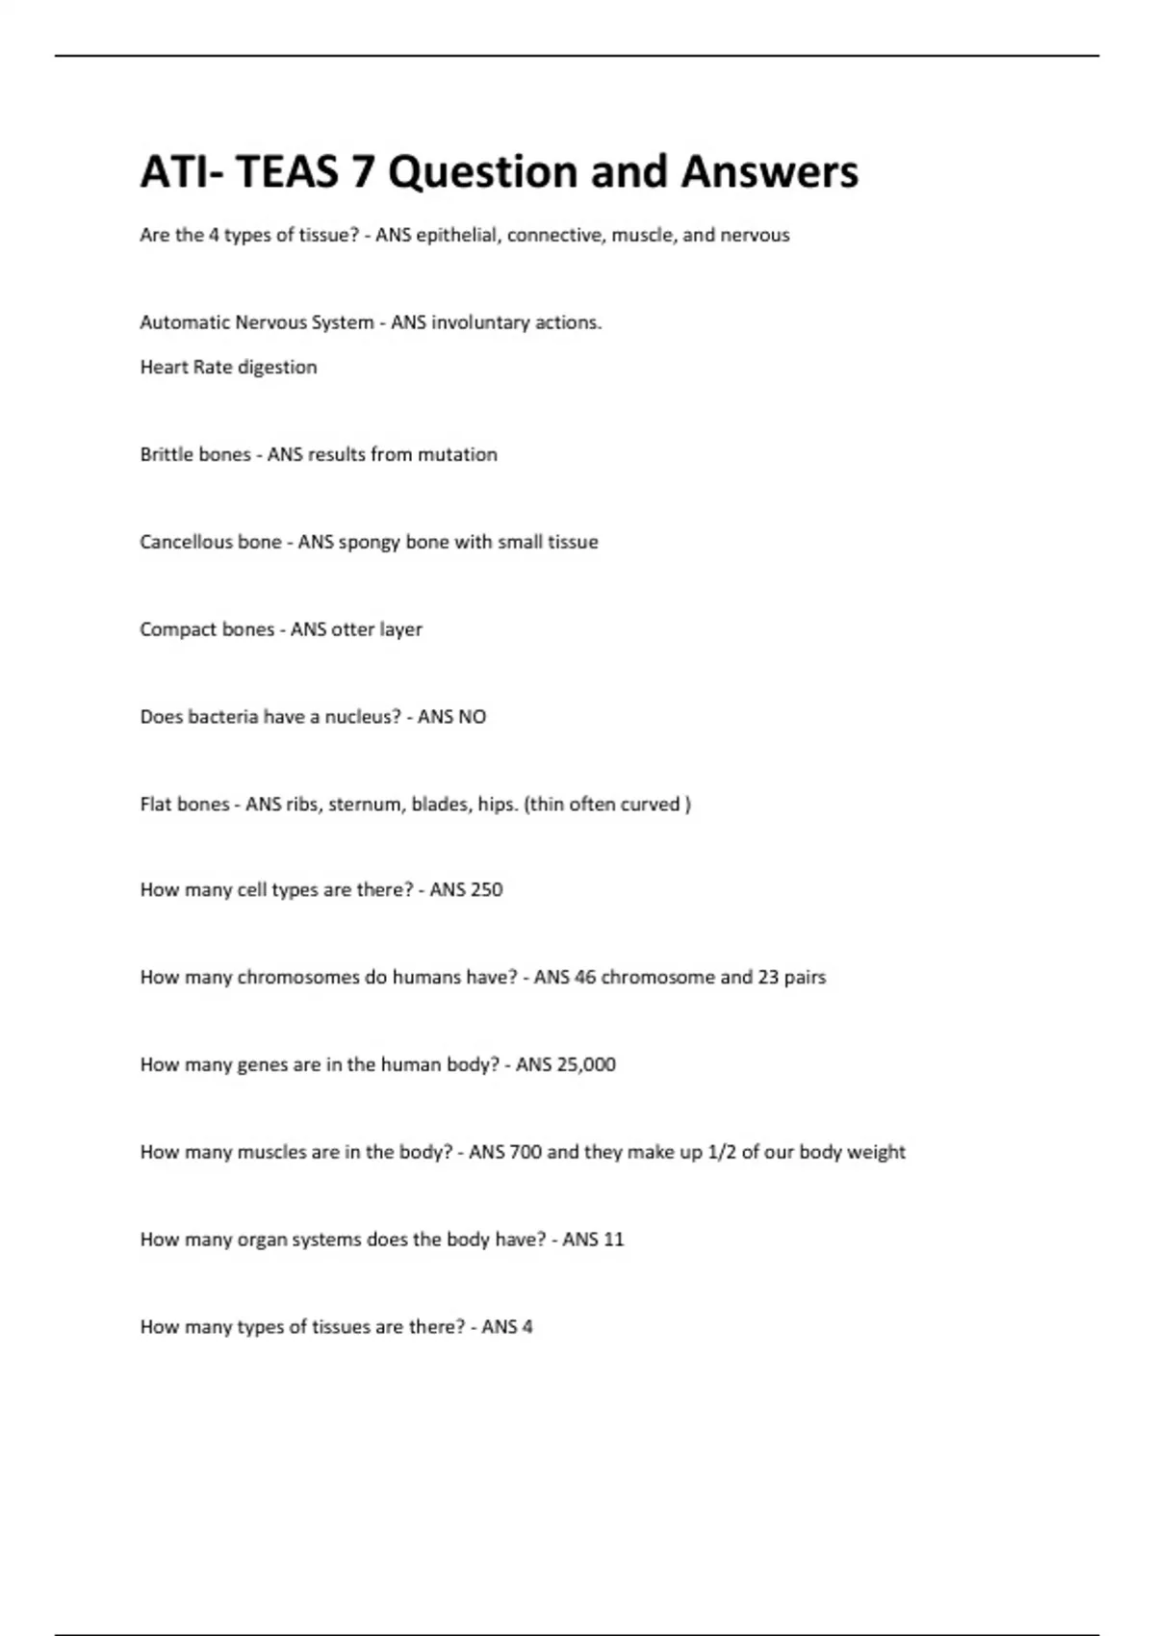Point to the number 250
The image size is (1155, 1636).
coord(485,890)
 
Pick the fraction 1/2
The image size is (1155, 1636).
coord(722,1152)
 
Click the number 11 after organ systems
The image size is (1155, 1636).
coord(613,1240)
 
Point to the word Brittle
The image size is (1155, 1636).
coord(168,454)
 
